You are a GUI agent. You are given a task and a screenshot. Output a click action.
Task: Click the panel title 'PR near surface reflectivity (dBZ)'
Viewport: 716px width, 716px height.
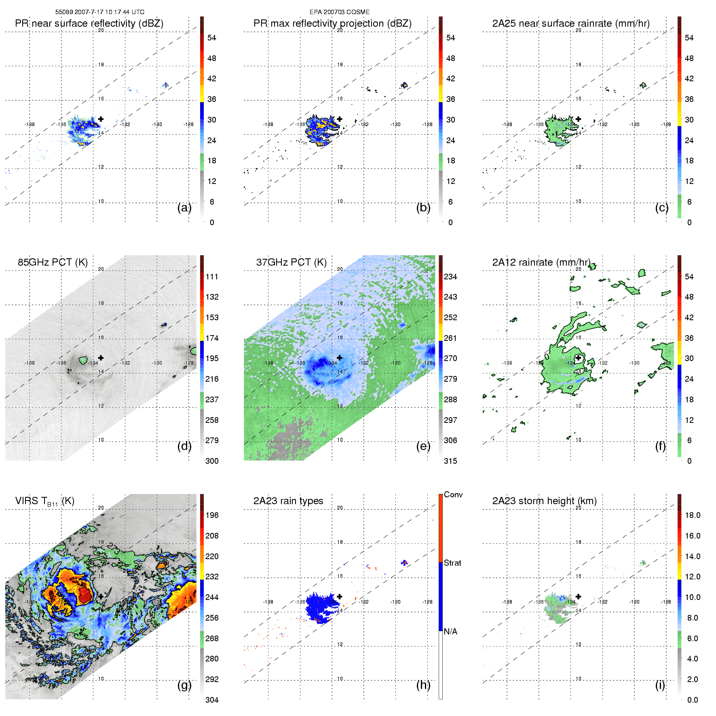[x=89, y=23]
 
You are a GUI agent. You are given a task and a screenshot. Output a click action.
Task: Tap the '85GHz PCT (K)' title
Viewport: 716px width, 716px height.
[x=53, y=262]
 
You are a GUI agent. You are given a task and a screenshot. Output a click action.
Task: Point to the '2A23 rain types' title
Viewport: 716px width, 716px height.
[x=288, y=501]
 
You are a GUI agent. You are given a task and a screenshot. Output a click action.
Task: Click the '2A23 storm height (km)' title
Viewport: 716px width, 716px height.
[x=544, y=501]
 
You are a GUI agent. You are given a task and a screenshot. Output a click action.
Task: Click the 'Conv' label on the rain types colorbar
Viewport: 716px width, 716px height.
[x=453, y=494]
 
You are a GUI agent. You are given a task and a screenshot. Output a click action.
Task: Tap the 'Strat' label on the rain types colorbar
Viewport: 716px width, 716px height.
[x=452, y=563]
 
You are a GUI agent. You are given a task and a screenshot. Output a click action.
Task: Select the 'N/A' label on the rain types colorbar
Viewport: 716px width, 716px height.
[x=450, y=632]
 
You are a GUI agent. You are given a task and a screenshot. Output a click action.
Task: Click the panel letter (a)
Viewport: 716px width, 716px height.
[x=184, y=207]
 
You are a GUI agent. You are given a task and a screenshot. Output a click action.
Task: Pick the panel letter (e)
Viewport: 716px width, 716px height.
[x=423, y=446]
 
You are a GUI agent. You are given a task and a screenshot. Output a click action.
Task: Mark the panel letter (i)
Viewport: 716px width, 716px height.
[x=660, y=685]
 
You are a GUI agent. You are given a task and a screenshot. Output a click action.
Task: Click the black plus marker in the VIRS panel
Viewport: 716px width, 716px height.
[x=101, y=596]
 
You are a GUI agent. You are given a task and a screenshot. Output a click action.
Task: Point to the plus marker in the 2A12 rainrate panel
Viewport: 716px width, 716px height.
[x=578, y=358]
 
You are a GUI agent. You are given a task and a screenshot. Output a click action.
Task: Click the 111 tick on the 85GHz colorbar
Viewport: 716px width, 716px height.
[x=212, y=277]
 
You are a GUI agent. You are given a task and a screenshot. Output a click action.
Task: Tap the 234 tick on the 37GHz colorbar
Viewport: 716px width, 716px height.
[x=450, y=277]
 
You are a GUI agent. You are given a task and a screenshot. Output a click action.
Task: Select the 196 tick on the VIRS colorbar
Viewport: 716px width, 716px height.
[x=212, y=515]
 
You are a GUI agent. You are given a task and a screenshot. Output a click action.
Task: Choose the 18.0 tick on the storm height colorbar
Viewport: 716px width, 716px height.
[x=693, y=515]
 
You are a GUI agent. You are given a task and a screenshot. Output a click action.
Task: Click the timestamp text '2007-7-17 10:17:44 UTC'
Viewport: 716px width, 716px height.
[x=109, y=12]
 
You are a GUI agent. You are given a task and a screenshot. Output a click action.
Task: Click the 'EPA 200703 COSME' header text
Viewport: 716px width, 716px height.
[x=339, y=12]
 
